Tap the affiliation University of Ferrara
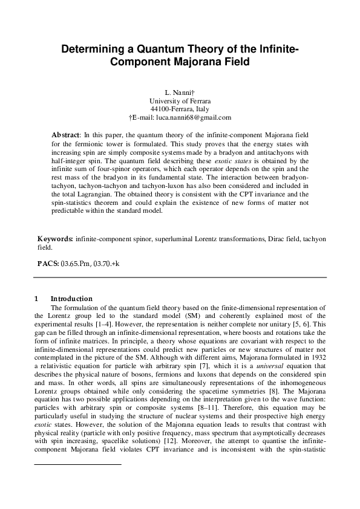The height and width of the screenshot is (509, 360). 180,101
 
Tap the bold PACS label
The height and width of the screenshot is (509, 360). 48,264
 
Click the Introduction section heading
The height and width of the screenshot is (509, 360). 71,299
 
